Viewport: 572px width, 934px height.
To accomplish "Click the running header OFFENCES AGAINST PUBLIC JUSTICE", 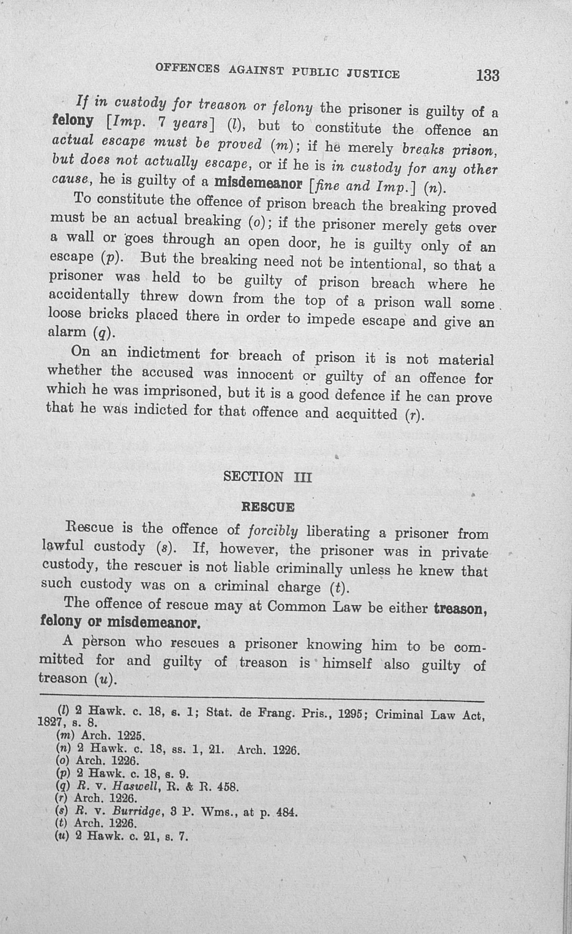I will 277,71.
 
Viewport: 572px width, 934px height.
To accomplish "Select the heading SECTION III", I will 267,476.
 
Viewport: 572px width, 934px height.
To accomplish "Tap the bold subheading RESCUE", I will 268,507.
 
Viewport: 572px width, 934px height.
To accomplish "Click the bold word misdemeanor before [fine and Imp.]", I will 258,183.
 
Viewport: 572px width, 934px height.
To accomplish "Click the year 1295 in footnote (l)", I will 350,714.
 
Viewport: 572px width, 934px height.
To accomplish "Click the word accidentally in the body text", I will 89,295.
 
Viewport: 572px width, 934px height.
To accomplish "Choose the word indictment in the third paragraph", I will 163,354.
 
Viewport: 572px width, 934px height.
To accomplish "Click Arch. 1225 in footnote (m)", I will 113,735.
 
